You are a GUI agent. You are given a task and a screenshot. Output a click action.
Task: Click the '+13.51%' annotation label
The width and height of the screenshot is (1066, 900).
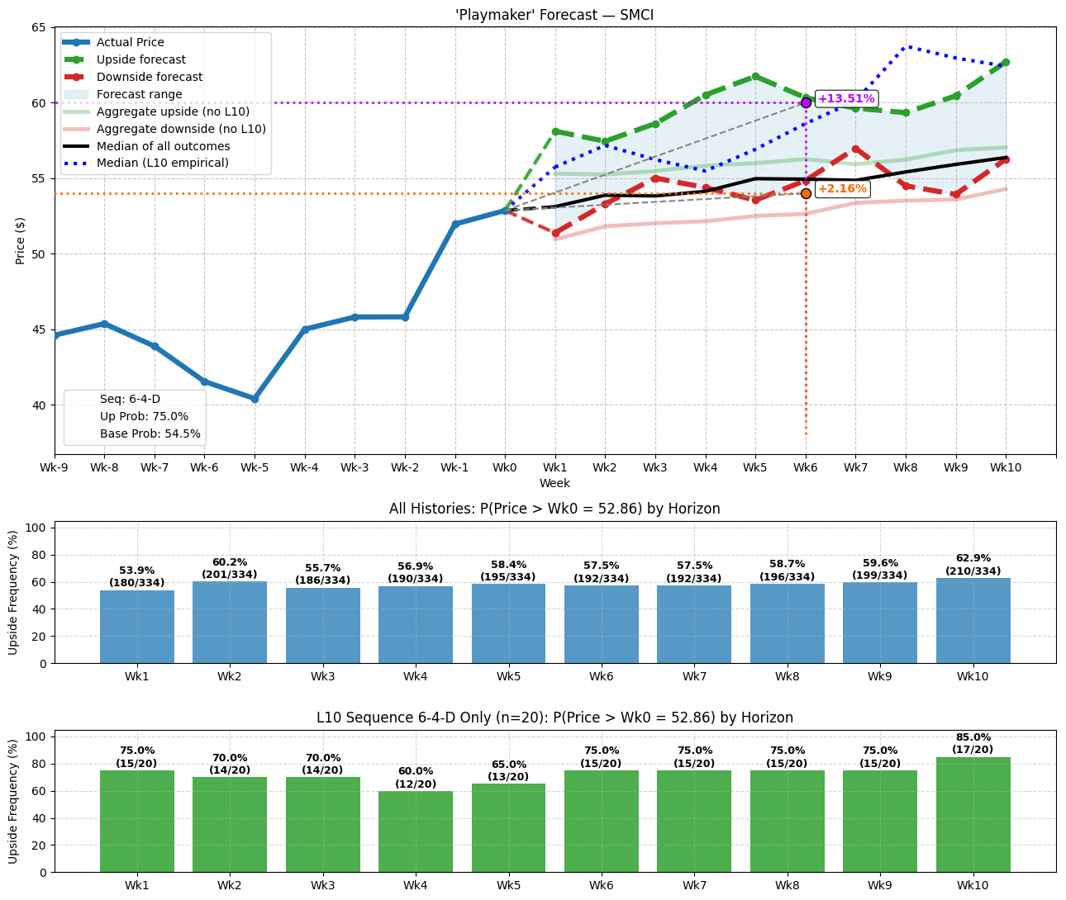click(845, 99)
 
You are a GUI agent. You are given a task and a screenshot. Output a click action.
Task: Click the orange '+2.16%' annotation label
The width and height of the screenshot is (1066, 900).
click(842, 189)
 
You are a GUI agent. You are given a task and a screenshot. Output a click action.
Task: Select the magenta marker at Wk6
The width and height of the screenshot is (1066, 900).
click(806, 102)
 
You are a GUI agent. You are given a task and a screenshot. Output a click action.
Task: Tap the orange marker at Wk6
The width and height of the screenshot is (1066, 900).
click(806, 193)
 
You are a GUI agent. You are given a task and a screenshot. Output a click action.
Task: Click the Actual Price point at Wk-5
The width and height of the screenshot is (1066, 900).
click(255, 399)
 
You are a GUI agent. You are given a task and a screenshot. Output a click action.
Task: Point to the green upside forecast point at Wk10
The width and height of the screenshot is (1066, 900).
click(1006, 62)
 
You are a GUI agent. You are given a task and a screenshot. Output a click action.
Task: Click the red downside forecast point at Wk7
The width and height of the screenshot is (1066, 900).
click(855, 149)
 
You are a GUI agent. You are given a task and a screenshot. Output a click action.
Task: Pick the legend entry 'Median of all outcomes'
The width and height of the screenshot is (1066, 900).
click(163, 146)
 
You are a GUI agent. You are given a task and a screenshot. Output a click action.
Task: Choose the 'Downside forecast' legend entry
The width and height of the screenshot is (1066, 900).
click(149, 77)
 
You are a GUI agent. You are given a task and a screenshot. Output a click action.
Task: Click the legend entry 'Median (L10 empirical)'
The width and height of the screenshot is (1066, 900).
click(162, 163)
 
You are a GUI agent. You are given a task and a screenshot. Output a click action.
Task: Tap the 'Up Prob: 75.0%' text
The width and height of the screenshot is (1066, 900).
click(144, 417)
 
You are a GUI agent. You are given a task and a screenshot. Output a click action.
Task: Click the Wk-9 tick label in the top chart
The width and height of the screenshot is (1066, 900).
click(55, 467)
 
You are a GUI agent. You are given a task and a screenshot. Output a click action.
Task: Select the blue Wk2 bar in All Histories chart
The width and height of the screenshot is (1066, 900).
click(230, 622)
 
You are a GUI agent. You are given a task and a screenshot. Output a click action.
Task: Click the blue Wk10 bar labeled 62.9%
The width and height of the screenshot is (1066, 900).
click(973, 620)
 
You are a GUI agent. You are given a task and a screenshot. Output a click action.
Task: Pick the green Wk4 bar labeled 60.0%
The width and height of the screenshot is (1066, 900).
click(416, 831)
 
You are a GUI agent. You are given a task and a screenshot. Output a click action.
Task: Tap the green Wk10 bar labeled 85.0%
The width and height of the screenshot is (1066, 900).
click(973, 814)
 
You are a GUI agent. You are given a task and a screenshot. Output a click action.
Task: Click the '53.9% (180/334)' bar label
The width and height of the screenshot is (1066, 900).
click(137, 576)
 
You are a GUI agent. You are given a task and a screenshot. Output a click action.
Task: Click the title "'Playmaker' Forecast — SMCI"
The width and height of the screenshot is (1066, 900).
click(554, 15)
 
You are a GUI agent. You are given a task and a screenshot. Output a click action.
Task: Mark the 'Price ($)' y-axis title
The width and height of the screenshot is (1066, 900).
click(20, 240)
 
